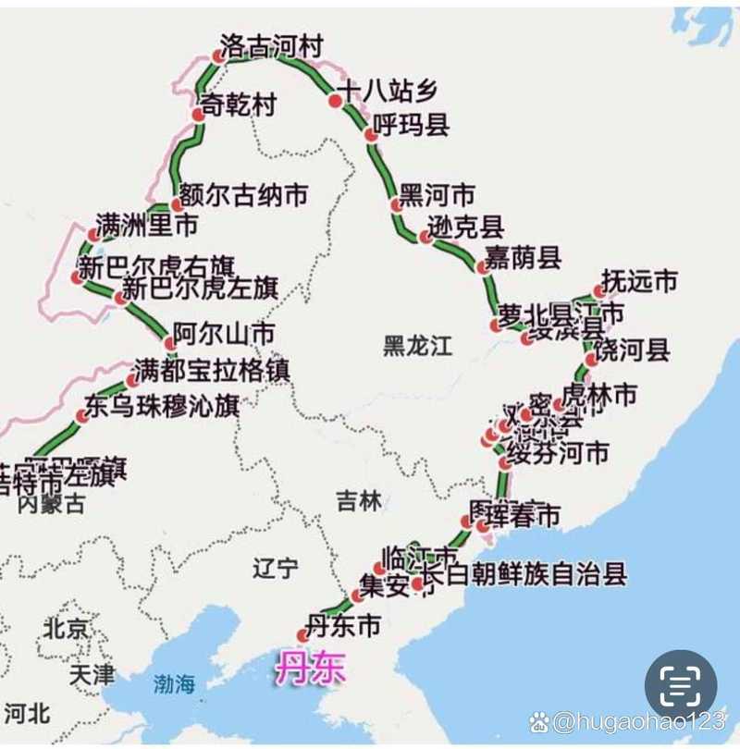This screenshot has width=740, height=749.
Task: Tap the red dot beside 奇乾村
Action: tap(197, 115)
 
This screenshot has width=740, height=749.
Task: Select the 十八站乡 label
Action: tap(386, 91)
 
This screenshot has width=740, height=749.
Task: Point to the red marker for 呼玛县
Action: tap(372, 134)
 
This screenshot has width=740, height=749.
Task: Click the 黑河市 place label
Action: tap(438, 196)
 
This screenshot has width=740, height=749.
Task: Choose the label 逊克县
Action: tap(467, 227)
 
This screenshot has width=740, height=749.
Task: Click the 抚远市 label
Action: tap(640, 281)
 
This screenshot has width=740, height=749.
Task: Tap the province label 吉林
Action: tap(358, 501)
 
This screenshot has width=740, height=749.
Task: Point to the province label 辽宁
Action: tap(277, 568)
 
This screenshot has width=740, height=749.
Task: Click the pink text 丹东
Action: tap(310, 669)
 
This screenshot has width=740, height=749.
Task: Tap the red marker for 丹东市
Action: tap(303, 634)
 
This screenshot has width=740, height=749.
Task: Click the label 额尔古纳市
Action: tap(243, 195)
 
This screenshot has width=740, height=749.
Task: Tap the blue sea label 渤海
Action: tap(175, 684)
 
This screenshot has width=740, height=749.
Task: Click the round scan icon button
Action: tap(681, 685)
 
